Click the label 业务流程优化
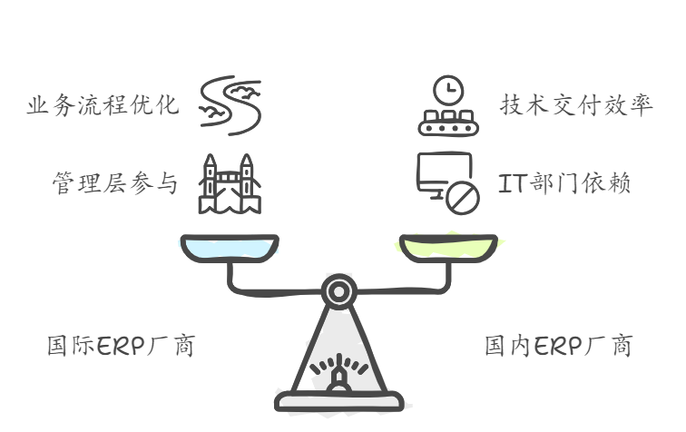click(103, 106)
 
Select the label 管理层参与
click(114, 183)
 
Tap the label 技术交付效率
click(576, 106)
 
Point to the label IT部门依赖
click(565, 183)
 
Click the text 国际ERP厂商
click(121, 346)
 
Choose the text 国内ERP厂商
click(558, 346)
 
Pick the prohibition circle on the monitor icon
click(464, 197)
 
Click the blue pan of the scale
click(230, 247)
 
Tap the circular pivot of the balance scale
click(338, 291)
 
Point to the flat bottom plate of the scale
click(338, 399)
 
